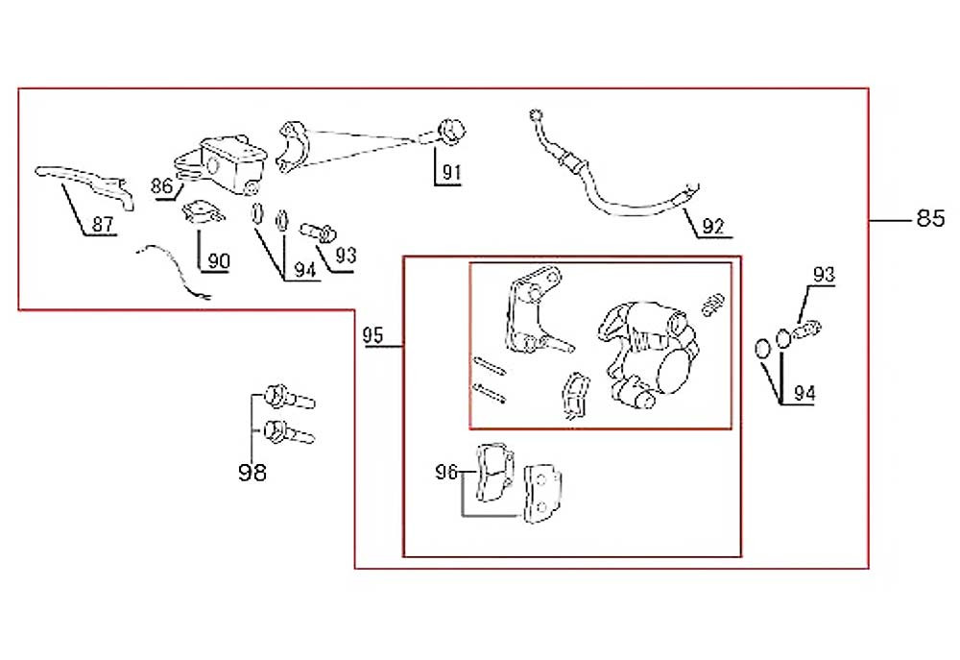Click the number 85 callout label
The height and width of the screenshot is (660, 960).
930,218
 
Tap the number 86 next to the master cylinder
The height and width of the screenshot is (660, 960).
161,185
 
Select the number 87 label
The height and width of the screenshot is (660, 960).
103,224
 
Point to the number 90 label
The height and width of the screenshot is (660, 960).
219,261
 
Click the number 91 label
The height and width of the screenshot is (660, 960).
451,173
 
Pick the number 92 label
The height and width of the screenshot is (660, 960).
713,227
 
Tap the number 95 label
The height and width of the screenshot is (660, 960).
372,335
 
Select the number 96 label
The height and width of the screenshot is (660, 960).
445,472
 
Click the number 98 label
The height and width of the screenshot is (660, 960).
252,473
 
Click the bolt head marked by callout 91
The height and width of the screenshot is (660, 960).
452,132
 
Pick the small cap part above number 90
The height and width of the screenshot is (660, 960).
203,212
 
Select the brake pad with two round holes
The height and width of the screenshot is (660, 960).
542,493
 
